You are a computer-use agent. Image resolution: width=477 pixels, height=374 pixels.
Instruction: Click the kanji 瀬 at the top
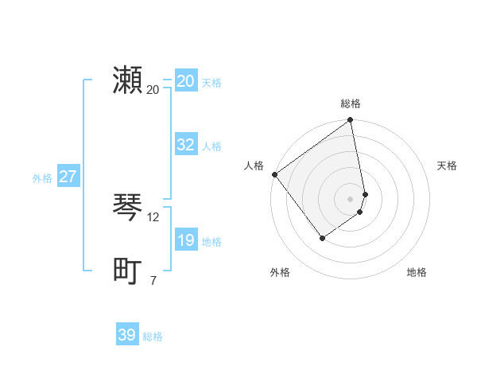coord(127,80)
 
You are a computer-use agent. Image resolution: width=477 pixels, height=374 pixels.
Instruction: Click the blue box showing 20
coord(185,81)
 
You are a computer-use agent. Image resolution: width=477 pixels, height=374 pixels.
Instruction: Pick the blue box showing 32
coord(185,145)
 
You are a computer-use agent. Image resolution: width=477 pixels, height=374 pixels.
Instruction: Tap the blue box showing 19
coord(185,240)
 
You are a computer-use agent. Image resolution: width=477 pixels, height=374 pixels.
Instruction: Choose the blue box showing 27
coord(68,177)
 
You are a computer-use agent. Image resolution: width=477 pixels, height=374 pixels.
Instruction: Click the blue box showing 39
coord(126,335)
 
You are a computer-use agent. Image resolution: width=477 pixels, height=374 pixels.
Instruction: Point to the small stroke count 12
coord(153,216)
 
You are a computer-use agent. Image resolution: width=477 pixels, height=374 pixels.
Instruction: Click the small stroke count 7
coord(153,279)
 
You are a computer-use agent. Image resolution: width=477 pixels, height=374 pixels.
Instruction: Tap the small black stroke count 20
coord(153,89)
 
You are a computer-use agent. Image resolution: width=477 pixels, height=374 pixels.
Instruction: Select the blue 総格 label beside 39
coord(153,337)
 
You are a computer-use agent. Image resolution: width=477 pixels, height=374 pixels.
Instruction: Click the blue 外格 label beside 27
coord(42,178)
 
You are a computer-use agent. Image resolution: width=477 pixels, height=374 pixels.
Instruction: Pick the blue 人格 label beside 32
coord(211,146)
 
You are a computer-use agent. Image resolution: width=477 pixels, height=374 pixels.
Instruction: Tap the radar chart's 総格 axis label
coord(351,103)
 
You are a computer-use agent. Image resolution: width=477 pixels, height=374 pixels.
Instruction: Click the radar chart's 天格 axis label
coord(447,166)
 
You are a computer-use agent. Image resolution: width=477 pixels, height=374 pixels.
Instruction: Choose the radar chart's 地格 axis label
coord(417,272)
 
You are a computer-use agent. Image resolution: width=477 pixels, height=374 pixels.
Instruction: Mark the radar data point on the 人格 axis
coord(274,174)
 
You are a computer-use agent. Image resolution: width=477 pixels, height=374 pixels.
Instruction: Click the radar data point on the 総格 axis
coord(351,121)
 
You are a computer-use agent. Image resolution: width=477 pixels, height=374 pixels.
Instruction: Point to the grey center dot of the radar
coord(351,198)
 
